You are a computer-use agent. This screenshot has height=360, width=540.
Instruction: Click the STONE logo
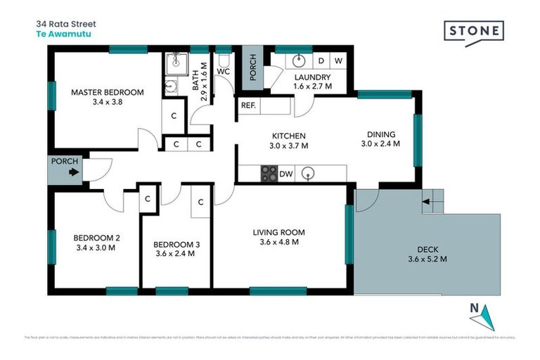click(474, 32)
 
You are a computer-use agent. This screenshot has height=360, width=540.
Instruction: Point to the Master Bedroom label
click(108, 92)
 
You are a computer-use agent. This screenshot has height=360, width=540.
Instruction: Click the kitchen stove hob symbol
click(269, 174)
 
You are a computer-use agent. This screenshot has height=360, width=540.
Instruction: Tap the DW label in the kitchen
click(286, 174)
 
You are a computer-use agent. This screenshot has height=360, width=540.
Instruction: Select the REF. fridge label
click(247, 106)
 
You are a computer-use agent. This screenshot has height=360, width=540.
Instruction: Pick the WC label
click(224, 72)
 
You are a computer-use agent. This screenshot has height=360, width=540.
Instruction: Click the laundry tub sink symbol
click(297, 60)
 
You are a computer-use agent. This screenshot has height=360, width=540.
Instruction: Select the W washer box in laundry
click(338, 61)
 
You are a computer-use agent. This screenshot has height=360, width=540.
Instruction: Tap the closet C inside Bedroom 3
click(200, 202)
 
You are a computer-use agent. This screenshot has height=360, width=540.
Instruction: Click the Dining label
click(381, 134)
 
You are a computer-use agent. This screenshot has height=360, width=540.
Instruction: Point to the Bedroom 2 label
click(97, 237)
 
